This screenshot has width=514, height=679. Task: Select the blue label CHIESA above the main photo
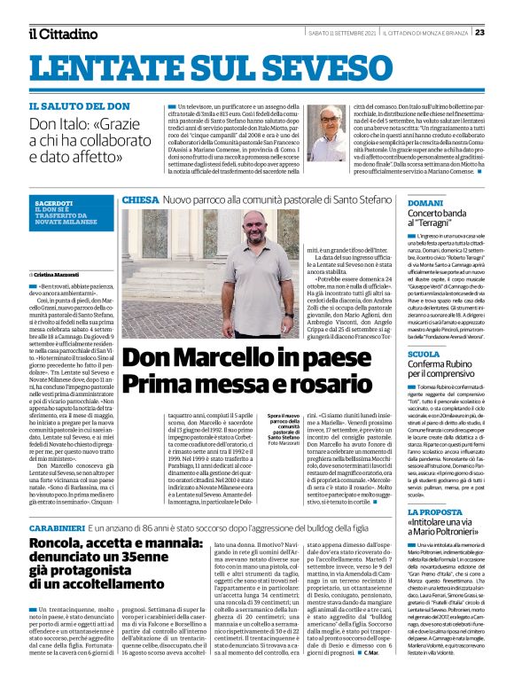point(140,200)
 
